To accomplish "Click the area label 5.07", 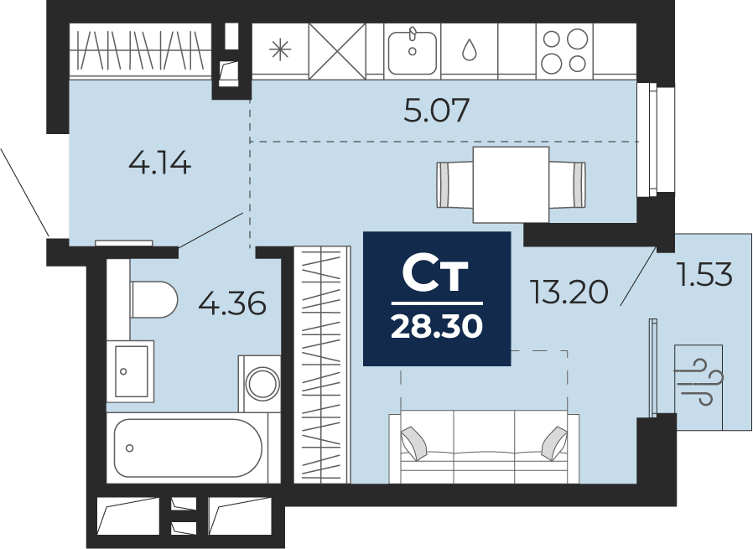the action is pyautogui.click(x=436, y=110).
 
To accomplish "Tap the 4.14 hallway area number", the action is pyautogui.click(x=160, y=163).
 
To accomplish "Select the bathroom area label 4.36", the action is pyautogui.click(x=232, y=303).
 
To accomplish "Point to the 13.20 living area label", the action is pyautogui.click(x=569, y=292).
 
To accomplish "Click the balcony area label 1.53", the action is pyautogui.click(x=704, y=275).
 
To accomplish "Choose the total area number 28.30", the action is pyautogui.click(x=437, y=327).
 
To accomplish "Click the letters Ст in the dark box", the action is pyautogui.click(x=434, y=276).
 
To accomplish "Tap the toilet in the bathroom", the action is pyautogui.click(x=153, y=299).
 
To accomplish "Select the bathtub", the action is pyautogui.click(x=188, y=448).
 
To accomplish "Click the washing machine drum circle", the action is pyautogui.click(x=262, y=383).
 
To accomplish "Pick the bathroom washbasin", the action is pyautogui.click(x=130, y=371).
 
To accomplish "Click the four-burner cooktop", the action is pyautogui.click(x=564, y=50).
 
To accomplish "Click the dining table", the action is pyautogui.click(x=511, y=184).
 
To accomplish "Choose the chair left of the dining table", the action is pyautogui.click(x=454, y=184).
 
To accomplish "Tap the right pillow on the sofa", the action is pyautogui.click(x=554, y=443).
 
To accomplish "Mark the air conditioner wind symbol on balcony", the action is pyautogui.click(x=699, y=382).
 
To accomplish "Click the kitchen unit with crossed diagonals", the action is pyautogui.click(x=337, y=51).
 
